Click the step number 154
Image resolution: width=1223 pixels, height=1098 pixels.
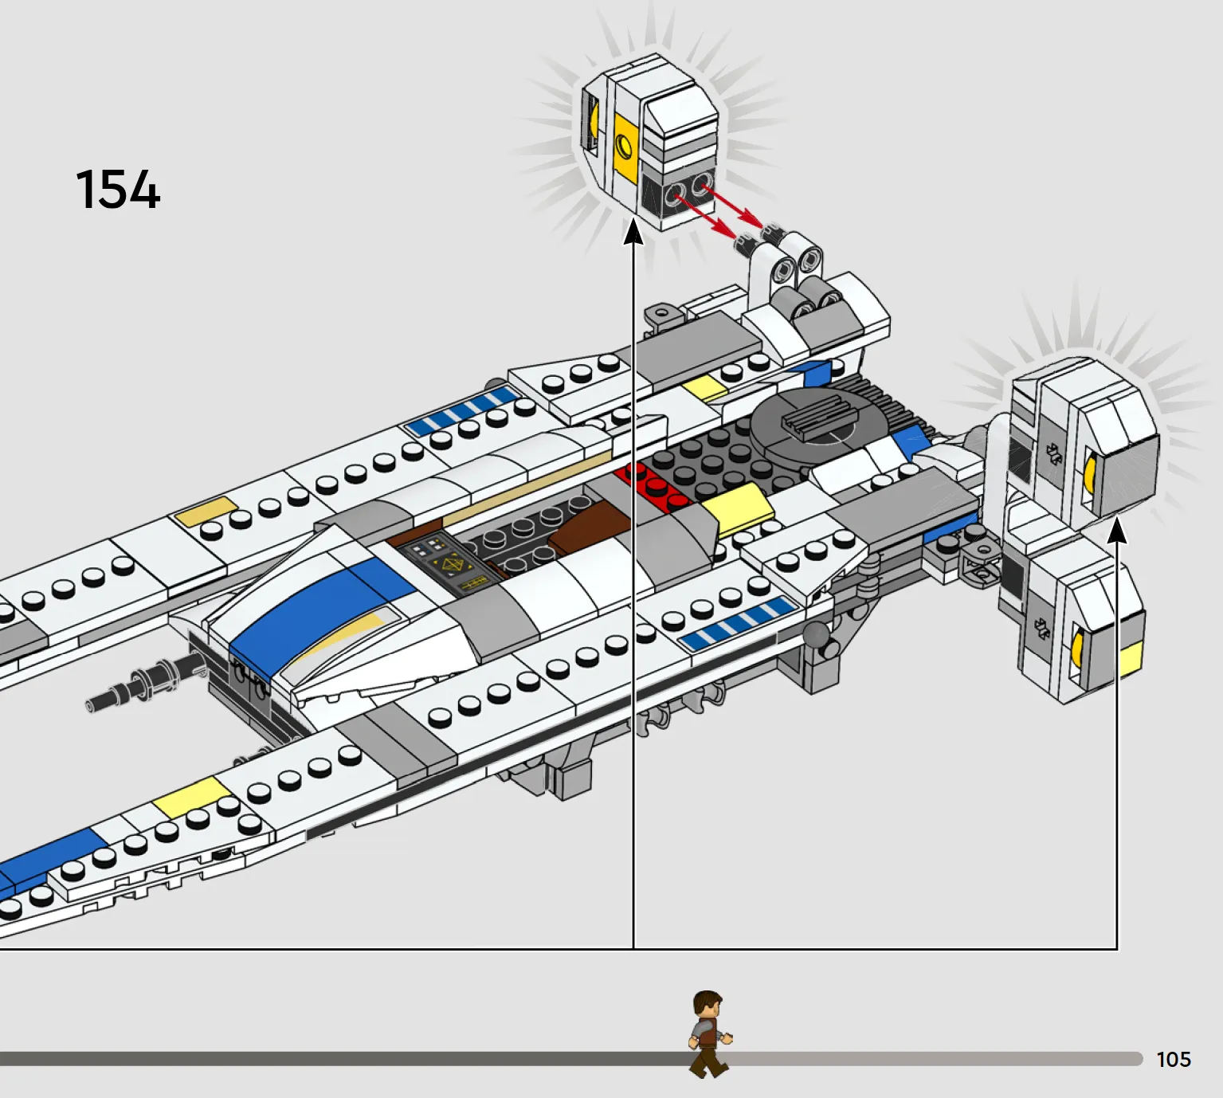118,190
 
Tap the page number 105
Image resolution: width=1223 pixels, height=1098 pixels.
1174,1059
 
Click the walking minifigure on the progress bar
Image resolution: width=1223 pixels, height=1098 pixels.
709,1034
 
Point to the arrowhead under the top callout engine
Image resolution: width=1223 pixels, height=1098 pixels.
633,232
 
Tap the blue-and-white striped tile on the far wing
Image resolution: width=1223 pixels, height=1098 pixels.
464,410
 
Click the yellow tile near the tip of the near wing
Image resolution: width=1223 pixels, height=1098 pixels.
192,797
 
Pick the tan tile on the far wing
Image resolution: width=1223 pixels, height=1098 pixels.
206,511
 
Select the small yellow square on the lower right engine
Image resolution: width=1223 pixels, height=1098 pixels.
1130,659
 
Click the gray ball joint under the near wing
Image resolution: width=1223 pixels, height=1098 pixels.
816,635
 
